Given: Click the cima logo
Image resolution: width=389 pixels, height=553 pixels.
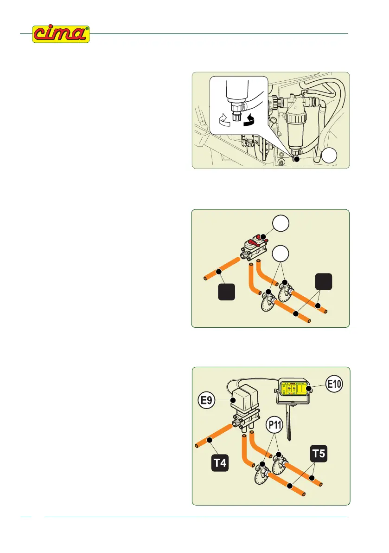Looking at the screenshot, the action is tap(60, 34).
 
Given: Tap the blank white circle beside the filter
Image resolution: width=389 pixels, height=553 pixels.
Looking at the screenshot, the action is tap(330, 157).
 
